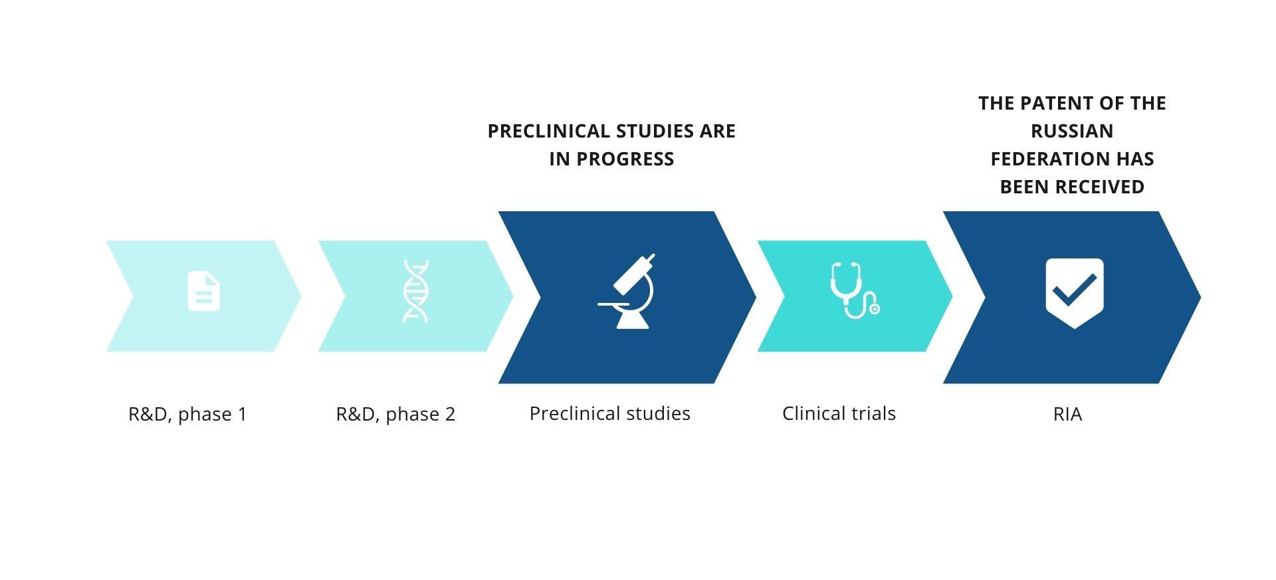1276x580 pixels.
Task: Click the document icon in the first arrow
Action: (x=204, y=291)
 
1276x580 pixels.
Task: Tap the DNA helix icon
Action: (x=416, y=291)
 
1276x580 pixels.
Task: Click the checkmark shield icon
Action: (x=1075, y=292)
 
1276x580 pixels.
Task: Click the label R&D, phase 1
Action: (x=187, y=414)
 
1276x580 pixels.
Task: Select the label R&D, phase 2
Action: (x=395, y=414)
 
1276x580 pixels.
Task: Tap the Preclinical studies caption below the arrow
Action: (x=610, y=413)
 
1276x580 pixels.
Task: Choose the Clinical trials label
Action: (x=839, y=413)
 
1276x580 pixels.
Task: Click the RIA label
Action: (x=1068, y=414)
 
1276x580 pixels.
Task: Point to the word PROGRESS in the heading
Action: (x=625, y=159)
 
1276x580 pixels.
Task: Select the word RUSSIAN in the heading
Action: (x=1072, y=131)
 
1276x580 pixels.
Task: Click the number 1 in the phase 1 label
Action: (x=242, y=415)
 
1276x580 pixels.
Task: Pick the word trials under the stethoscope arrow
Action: (x=871, y=413)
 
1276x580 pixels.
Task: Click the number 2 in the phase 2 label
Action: (x=451, y=415)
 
